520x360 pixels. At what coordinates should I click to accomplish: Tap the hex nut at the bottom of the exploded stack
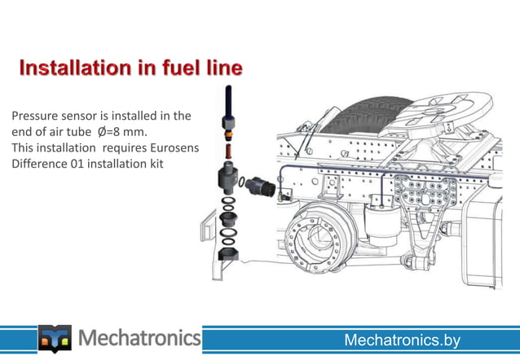pyautogui.click(x=227, y=251)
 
